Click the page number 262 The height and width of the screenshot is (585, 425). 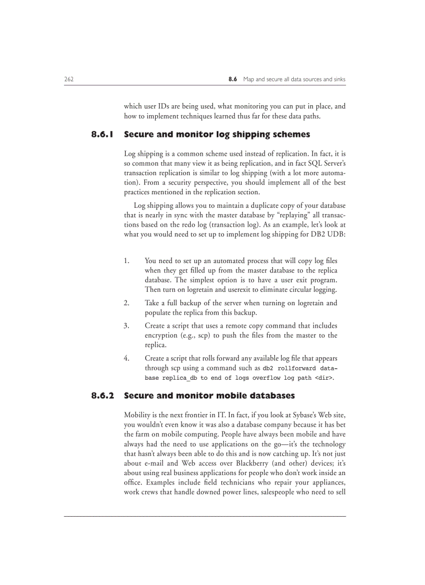coord(69,79)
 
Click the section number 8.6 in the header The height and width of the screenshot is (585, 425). coord(233,79)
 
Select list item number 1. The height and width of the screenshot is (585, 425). coord(127,260)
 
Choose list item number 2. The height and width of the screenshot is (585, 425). coord(127,303)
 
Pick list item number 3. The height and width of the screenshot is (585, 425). coord(127,326)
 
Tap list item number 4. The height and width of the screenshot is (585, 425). coord(127,358)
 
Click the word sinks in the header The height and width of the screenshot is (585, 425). coord(337,79)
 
